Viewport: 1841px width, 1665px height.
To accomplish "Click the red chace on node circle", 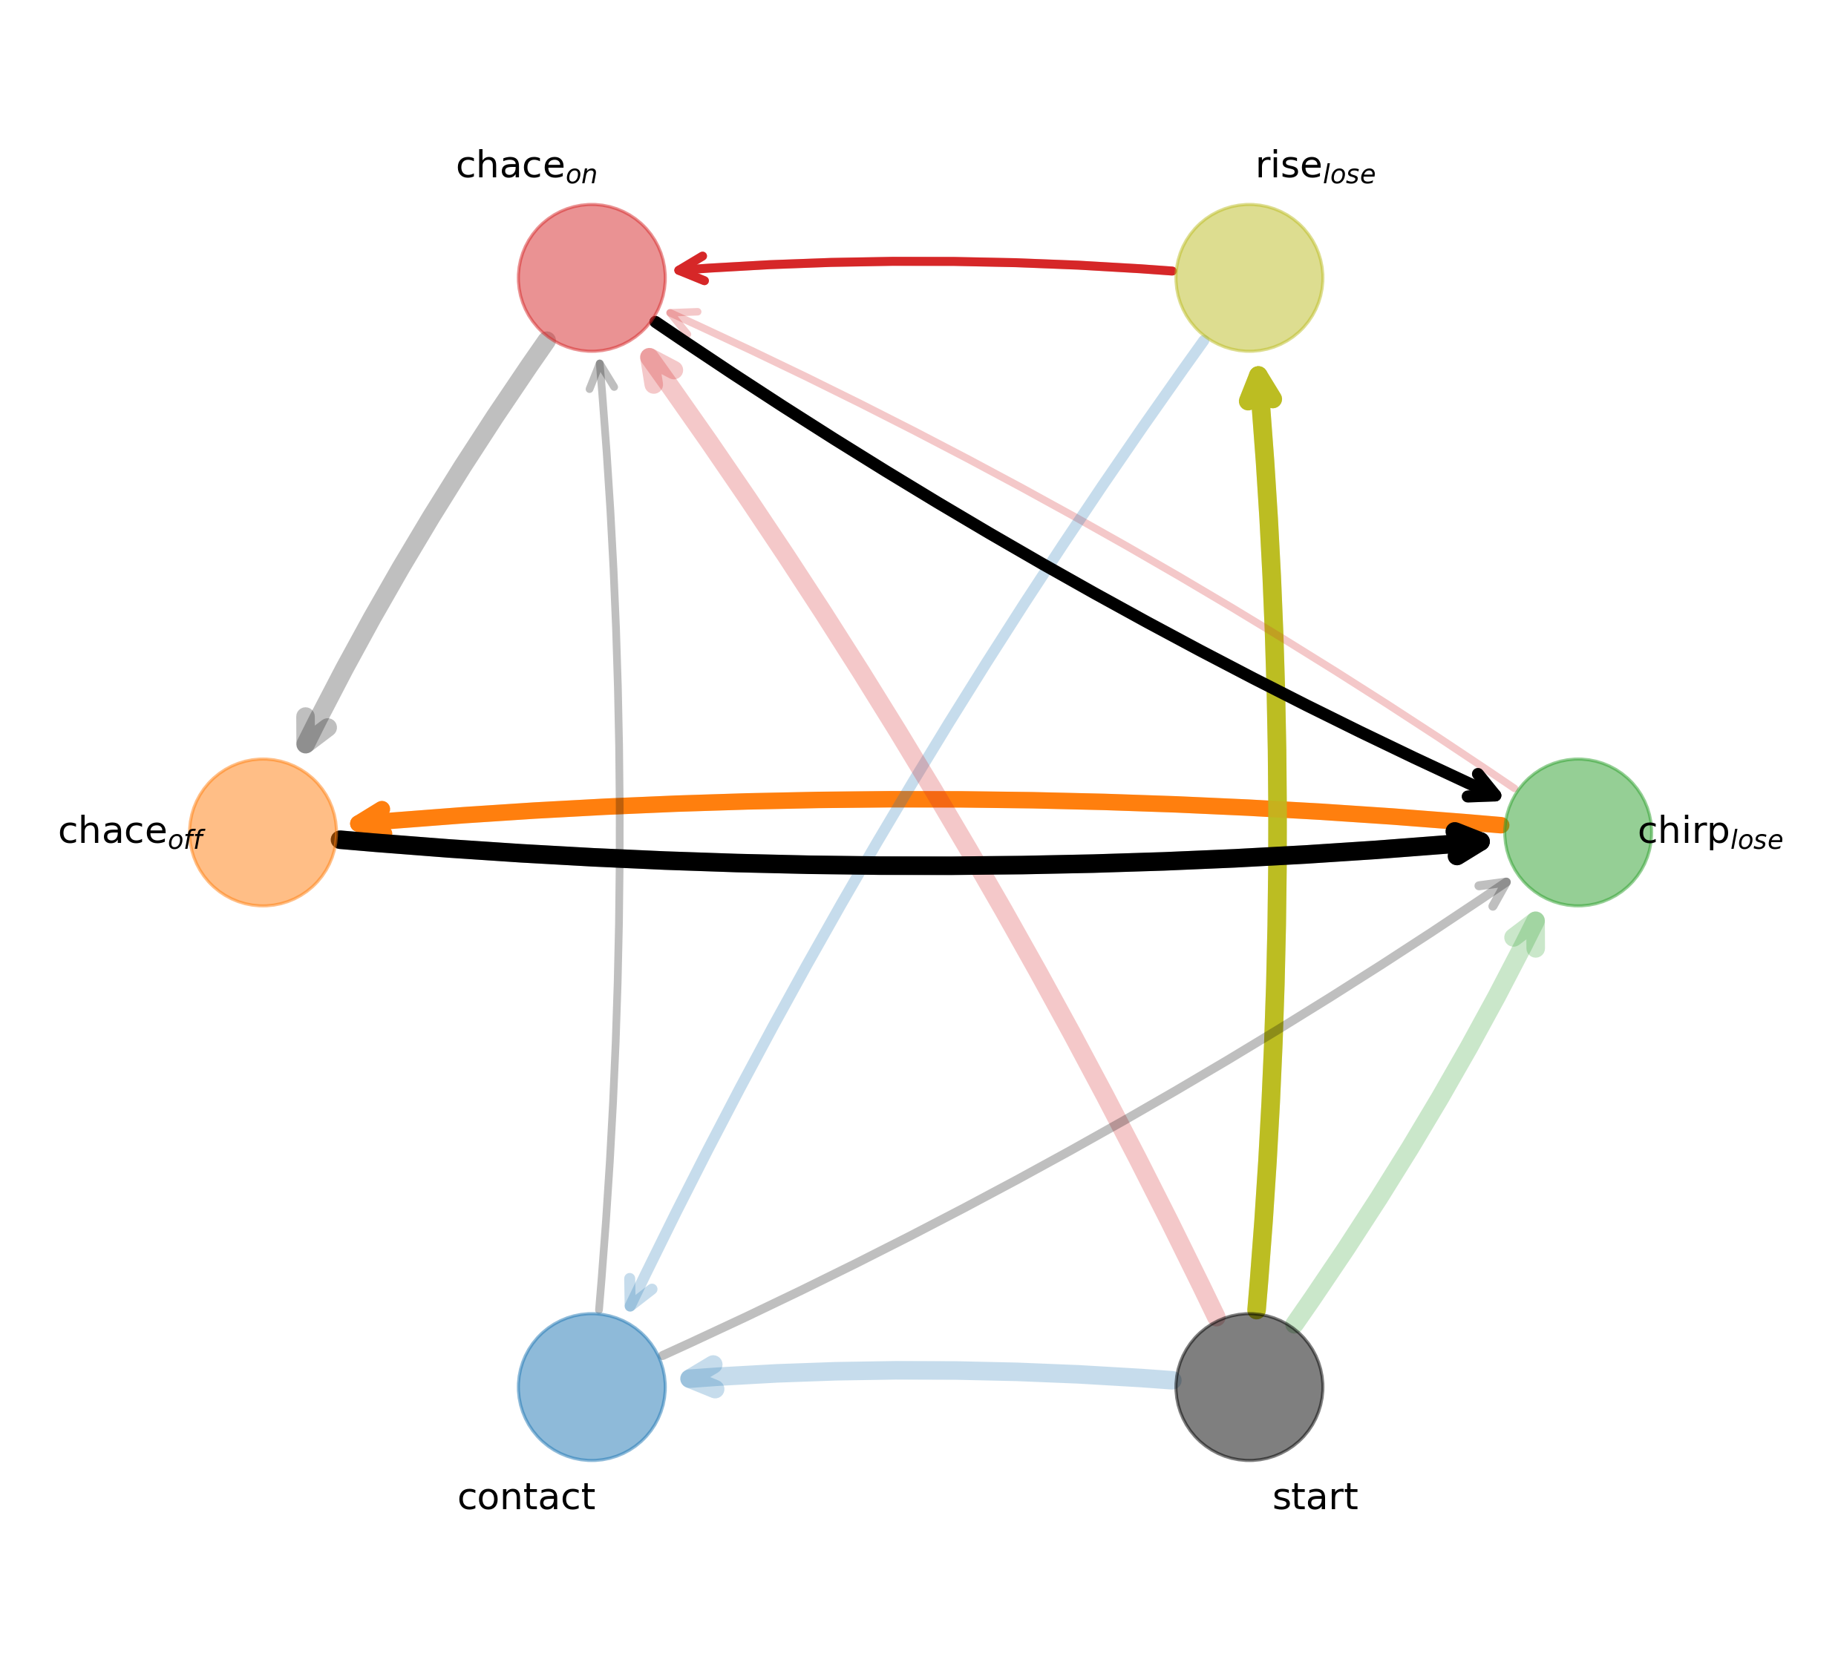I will click(x=592, y=277).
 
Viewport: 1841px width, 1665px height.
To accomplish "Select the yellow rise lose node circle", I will click(x=1249, y=277).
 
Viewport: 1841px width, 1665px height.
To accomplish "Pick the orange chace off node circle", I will click(x=263, y=832).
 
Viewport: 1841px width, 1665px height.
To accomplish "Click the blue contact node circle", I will click(x=592, y=1387).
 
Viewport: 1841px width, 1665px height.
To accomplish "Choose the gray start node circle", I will click(x=1249, y=1387).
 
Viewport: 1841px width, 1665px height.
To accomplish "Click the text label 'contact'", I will click(x=526, y=1498).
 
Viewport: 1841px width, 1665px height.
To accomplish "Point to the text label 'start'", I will click(x=1314, y=1498).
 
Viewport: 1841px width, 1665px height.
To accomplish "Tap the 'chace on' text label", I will click(x=526, y=167).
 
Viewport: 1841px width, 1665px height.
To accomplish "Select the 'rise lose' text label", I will click(x=1314, y=167).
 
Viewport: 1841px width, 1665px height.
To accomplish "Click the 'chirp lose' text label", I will click(x=1710, y=832).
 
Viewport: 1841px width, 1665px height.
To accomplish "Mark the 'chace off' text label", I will click(x=131, y=832).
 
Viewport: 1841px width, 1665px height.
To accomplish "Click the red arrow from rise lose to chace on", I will click(x=922, y=262).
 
